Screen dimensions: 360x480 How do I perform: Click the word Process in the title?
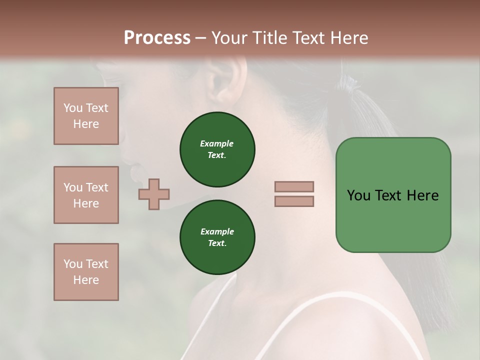(x=157, y=38)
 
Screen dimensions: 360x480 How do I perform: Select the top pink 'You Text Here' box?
(x=86, y=116)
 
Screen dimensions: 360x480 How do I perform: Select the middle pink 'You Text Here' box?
(x=86, y=195)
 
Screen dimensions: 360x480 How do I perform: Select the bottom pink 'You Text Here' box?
(x=86, y=272)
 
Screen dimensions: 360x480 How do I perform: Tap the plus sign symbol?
(x=154, y=194)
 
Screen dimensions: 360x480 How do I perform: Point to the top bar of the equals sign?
(x=294, y=187)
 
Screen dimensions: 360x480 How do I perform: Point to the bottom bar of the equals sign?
(x=294, y=201)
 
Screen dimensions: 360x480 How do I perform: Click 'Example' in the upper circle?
(x=217, y=143)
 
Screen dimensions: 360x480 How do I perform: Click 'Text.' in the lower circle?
(x=217, y=243)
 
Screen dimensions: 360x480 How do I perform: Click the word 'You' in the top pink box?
(x=73, y=108)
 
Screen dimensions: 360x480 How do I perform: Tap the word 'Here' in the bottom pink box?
(x=86, y=280)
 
